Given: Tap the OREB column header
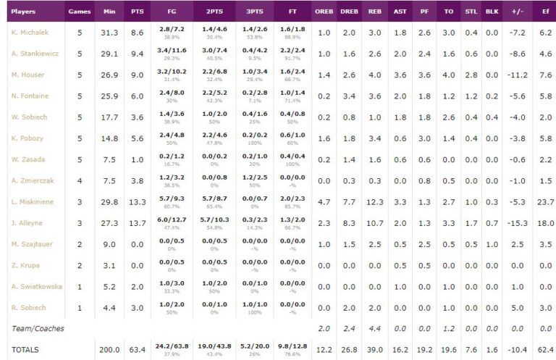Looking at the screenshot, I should [x=324, y=12].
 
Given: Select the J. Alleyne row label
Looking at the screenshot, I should [x=27, y=223].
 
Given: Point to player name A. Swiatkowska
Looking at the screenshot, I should [x=36, y=286].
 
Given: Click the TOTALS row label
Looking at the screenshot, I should [x=25, y=349].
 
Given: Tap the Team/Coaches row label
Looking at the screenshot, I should [x=37, y=328].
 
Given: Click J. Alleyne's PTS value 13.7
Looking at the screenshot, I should [x=138, y=223].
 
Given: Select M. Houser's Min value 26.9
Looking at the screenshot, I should [x=109, y=75].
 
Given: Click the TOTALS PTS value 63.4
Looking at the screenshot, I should [x=138, y=349].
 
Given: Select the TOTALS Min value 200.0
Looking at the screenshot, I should [x=109, y=349].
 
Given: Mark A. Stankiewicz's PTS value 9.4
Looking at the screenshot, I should [x=138, y=54].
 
